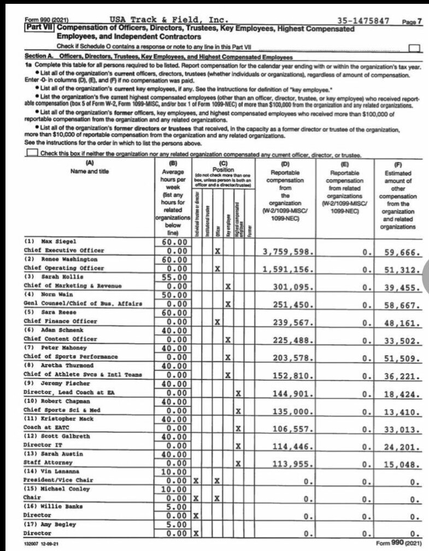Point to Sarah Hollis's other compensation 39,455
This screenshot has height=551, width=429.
tap(400, 287)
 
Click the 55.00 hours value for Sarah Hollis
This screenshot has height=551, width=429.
tap(174, 277)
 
